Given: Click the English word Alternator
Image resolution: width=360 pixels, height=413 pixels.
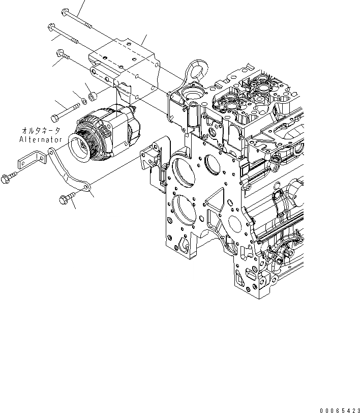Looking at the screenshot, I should click(x=41, y=139).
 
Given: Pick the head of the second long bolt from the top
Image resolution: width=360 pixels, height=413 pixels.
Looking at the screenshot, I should click(x=51, y=26).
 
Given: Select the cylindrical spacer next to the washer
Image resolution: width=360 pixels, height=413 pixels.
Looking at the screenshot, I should click(x=92, y=95).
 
